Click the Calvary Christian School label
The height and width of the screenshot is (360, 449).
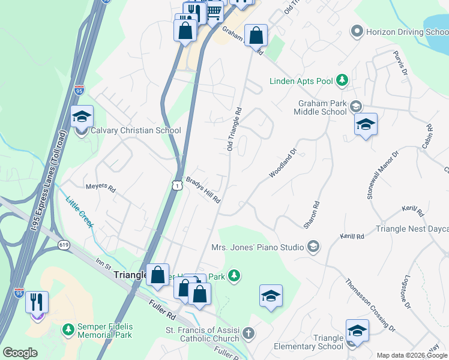pyautogui.click(x=136, y=130)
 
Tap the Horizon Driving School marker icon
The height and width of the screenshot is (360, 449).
pyautogui.click(x=357, y=31)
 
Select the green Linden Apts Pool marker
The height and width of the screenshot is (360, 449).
pyautogui.click(x=342, y=80)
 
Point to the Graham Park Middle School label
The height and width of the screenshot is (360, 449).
pyautogui.click(x=321, y=107)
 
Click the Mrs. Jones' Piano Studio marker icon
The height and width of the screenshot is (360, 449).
pyautogui.click(x=313, y=247)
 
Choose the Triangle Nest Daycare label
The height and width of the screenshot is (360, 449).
pyautogui.click(x=412, y=229)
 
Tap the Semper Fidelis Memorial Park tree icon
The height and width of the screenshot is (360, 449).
pyautogui.click(x=68, y=329)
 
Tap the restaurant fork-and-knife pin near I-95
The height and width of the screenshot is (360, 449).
pyautogui.click(x=37, y=301)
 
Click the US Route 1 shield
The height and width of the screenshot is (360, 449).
pyautogui.click(x=177, y=186)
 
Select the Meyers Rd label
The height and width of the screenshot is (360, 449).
pyautogui.click(x=100, y=187)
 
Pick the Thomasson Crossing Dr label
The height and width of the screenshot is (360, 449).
pyautogui.click(x=370, y=305)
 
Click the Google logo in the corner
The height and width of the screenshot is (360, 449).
pyautogui.click(x=20, y=353)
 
